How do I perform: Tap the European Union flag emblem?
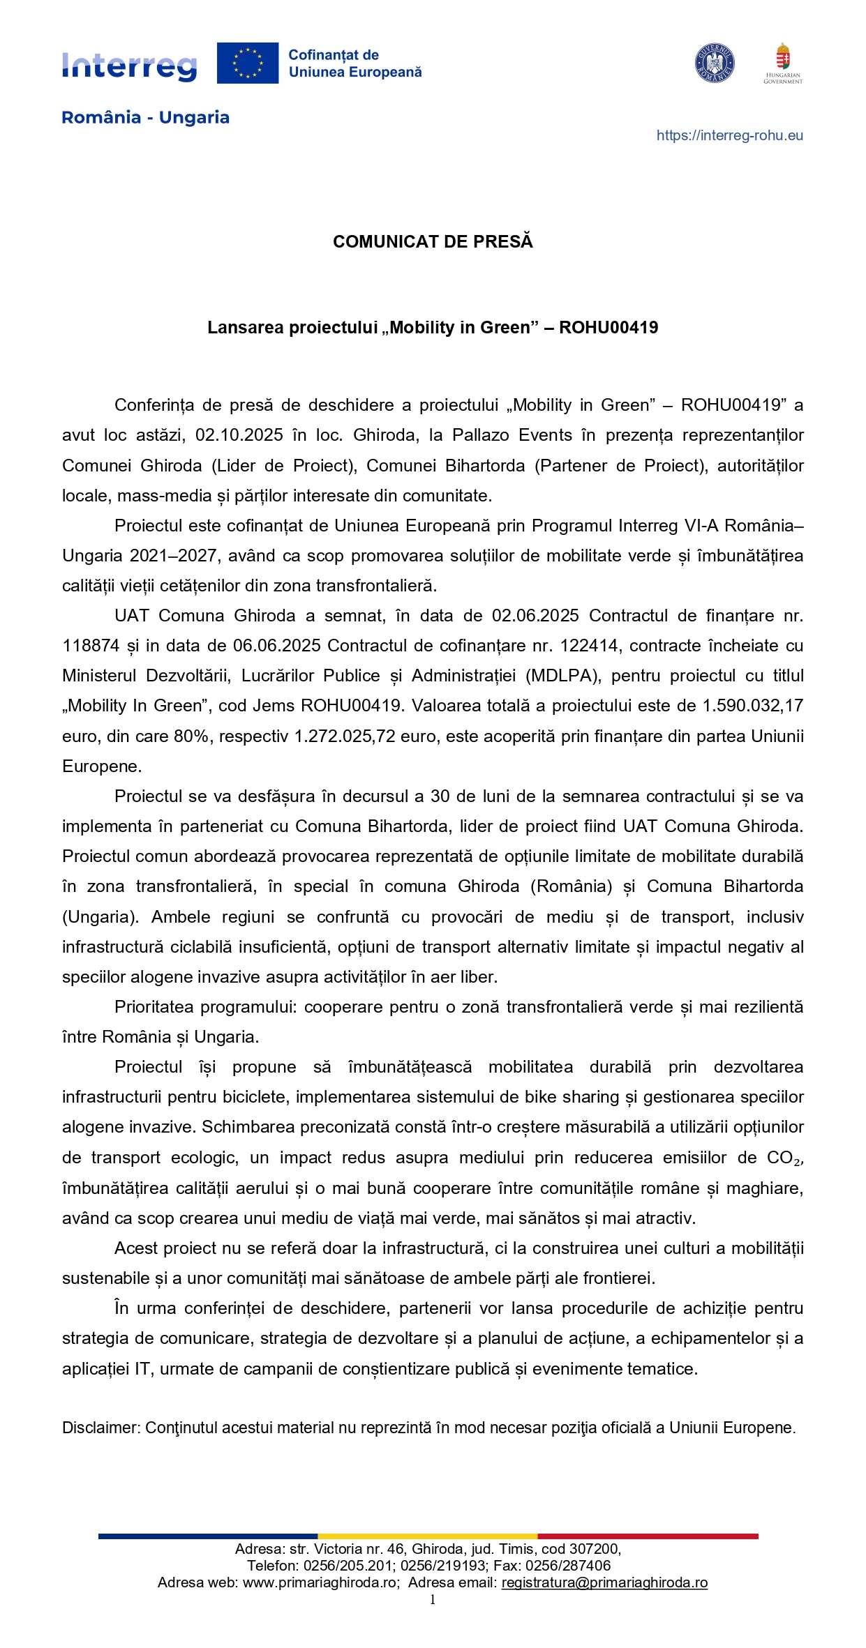(x=247, y=63)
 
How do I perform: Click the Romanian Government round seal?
(x=714, y=63)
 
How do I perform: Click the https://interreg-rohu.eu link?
(x=729, y=136)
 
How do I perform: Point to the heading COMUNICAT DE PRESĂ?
(x=433, y=242)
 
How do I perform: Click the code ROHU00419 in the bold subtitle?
(x=609, y=328)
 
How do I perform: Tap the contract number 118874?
(x=91, y=646)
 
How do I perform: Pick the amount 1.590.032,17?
(x=752, y=706)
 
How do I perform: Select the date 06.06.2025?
(x=277, y=646)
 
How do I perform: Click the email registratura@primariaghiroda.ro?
(x=604, y=1582)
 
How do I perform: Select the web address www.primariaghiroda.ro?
(x=320, y=1582)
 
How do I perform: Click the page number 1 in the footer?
(x=433, y=1600)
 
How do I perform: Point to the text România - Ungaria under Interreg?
(x=145, y=117)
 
